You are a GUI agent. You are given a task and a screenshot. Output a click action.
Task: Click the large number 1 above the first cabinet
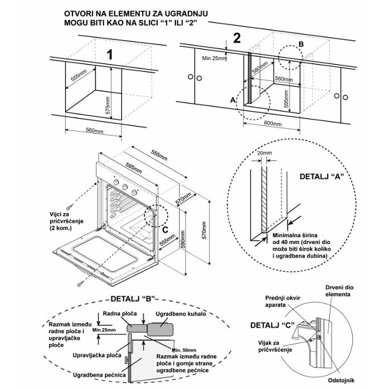109,55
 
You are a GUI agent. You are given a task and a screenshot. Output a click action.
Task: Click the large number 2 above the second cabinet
237,38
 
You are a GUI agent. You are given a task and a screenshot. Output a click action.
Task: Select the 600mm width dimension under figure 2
273,124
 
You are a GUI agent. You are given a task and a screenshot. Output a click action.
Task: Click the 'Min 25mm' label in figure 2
214,58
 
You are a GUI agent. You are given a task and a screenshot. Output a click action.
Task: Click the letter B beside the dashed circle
301,44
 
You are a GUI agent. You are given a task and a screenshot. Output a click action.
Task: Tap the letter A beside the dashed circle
233,100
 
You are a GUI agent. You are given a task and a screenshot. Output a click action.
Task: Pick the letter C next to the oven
165,230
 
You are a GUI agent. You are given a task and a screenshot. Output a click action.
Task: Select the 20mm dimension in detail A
265,153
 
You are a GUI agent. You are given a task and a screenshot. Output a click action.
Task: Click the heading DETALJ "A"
322,177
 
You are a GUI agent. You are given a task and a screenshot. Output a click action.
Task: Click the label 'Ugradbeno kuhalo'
181,314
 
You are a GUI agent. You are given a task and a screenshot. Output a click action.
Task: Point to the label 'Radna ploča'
120,313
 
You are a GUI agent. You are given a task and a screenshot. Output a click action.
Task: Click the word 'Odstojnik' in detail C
341,381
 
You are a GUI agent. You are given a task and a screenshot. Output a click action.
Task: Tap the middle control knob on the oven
125,187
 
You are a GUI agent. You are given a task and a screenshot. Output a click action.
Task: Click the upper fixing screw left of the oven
70,207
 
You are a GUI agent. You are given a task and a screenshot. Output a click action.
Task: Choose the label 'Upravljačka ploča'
97,355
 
